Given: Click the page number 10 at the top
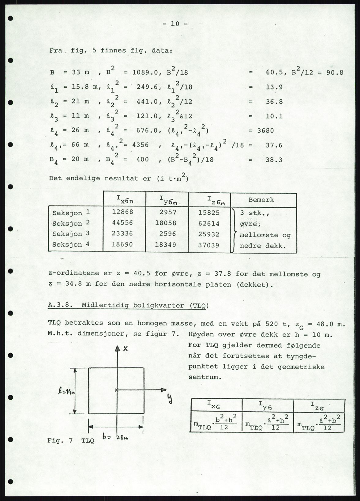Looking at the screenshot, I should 175,24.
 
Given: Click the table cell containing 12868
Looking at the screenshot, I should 122,212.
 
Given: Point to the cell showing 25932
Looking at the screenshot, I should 209,234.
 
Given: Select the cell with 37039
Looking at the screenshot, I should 209,245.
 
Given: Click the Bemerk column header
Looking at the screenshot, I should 261,200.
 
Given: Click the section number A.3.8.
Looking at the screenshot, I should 61,305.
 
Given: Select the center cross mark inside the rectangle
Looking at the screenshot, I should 116,390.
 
